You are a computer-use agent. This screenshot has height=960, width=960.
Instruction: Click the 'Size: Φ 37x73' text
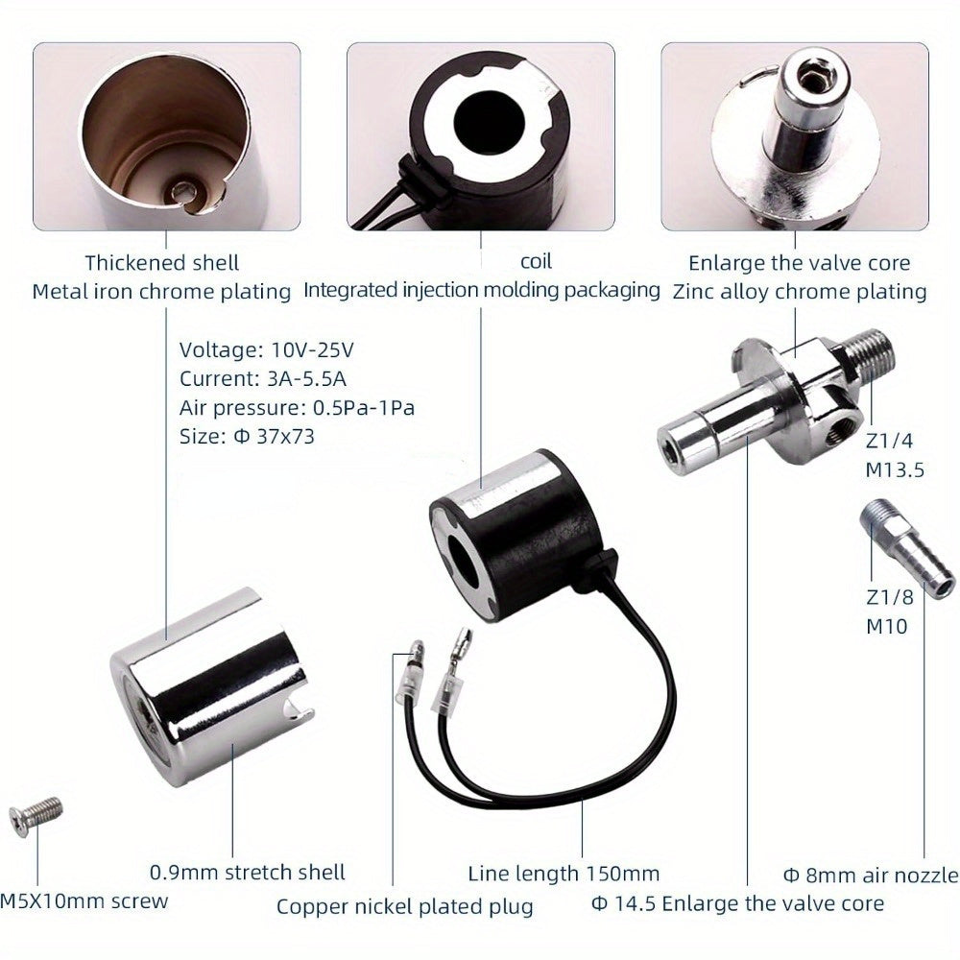point(247,435)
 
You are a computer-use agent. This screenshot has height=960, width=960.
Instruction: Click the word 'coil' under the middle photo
point(536,261)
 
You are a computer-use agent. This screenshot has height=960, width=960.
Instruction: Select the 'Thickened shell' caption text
point(161,262)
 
